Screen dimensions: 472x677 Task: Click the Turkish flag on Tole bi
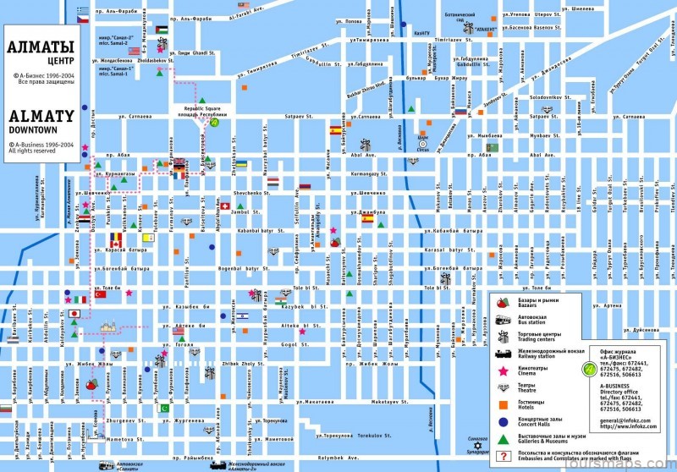pyautogui.click(x=101, y=294)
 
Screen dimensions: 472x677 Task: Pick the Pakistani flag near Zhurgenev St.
pyautogui.click(x=165, y=408)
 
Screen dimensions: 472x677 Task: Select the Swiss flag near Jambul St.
pyautogui.click(x=225, y=206)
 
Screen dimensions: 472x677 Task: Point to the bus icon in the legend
pyautogui.click(x=501, y=320)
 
